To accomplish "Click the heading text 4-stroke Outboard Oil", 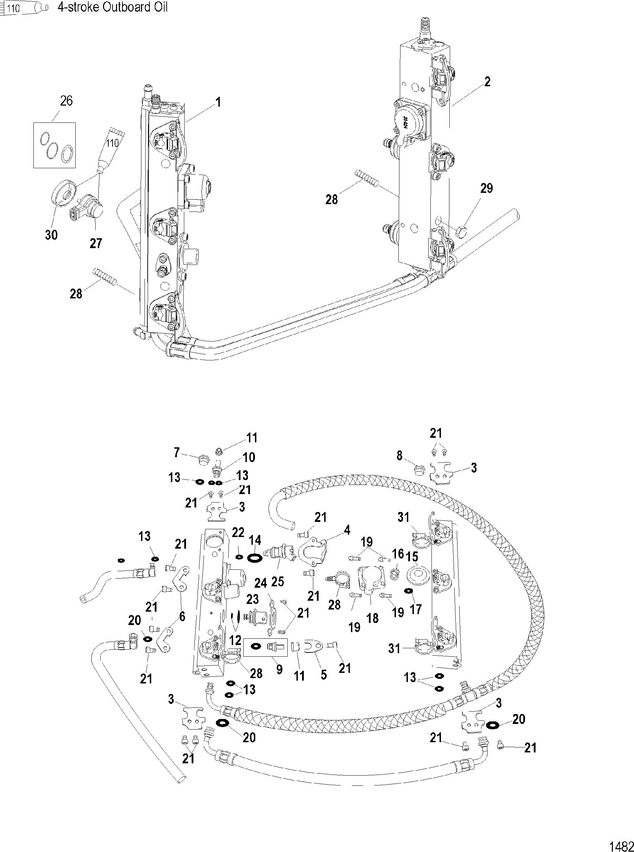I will click(x=112, y=7).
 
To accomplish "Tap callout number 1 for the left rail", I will click(x=218, y=102).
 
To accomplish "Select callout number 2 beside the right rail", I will click(x=487, y=82).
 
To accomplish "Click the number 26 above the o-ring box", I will click(x=66, y=101).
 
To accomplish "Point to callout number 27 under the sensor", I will click(x=96, y=243).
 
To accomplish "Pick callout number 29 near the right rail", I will click(x=486, y=188).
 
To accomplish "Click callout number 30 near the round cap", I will click(x=51, y=235).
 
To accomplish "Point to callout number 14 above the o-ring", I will click(x=255, y=541).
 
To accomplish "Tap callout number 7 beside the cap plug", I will click(x=177, y=453).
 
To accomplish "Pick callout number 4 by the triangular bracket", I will click(x=347, y=530).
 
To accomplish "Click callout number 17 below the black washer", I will click(x=416, y=609).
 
